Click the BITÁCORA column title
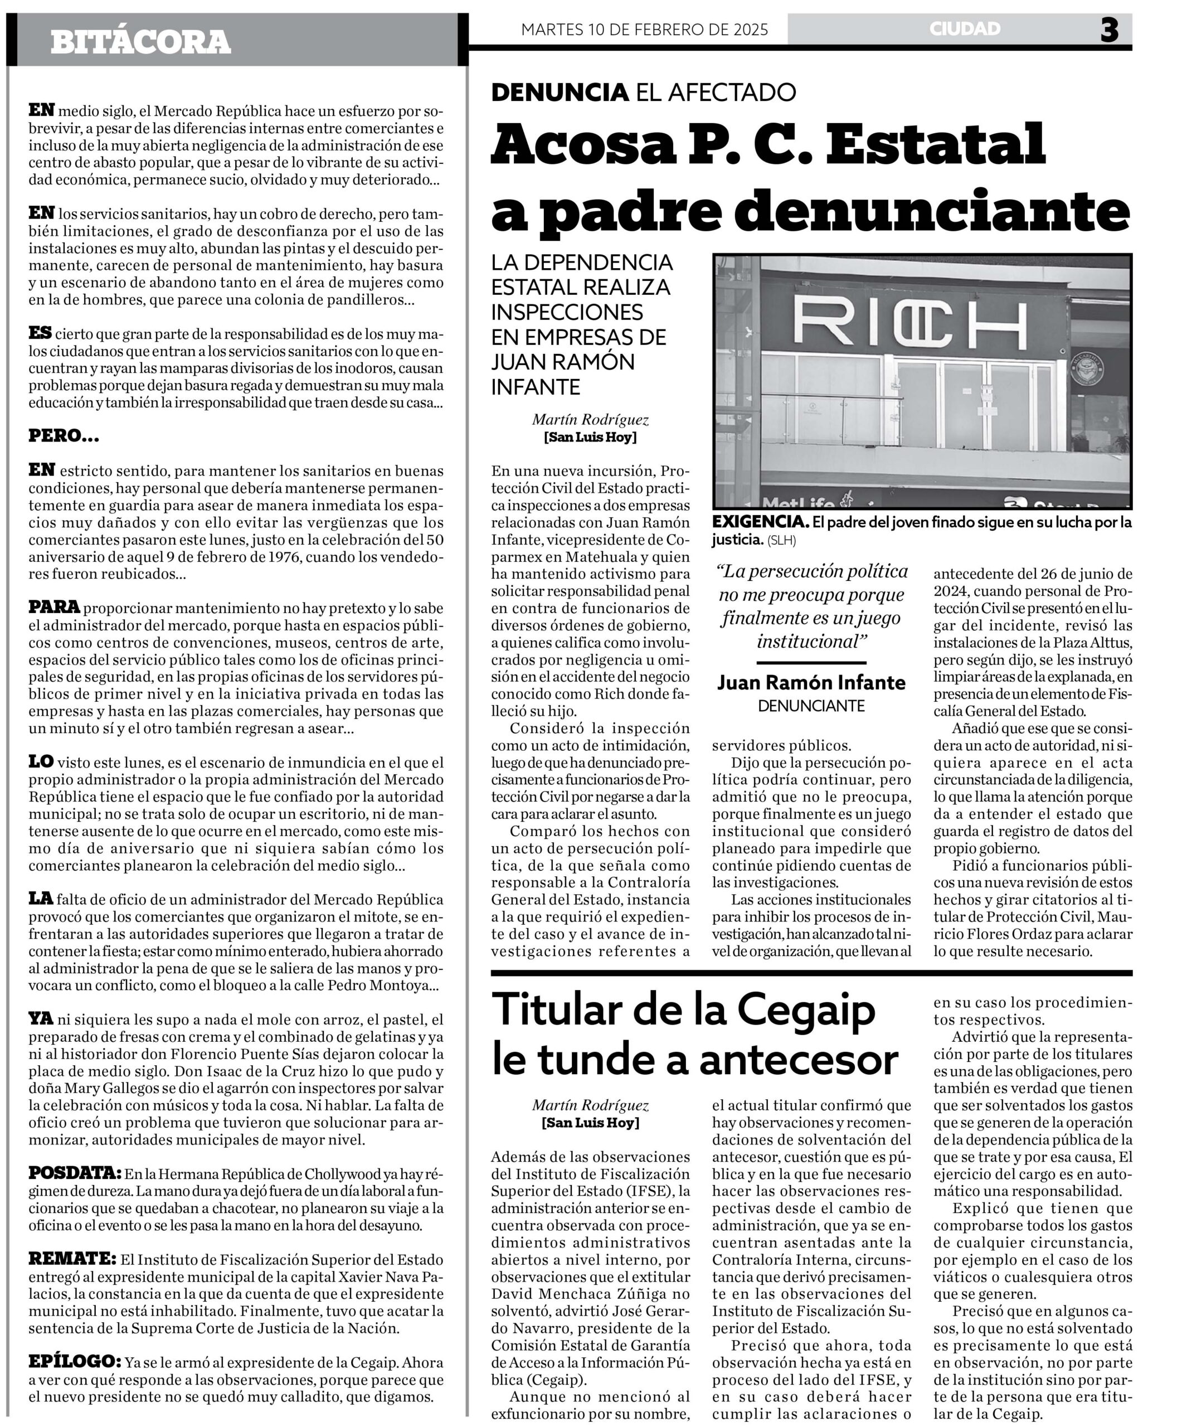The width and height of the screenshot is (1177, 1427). tap(140, 42)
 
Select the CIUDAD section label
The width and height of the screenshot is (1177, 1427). tap(964, 28)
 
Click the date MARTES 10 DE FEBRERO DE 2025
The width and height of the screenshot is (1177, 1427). tap(644, 29)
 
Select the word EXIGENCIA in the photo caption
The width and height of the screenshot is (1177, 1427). tap(760, 522)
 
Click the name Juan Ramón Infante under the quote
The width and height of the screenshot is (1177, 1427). tap(811, 682)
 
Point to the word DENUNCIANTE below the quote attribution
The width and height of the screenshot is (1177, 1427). tap(811, 706)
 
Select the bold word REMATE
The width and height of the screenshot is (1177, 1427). tap(72, 1259)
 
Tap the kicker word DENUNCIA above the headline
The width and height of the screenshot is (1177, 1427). tap(560, 92)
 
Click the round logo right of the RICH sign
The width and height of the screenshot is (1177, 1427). tap(1088, 370)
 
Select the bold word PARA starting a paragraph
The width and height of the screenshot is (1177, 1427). tap(53, 607)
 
